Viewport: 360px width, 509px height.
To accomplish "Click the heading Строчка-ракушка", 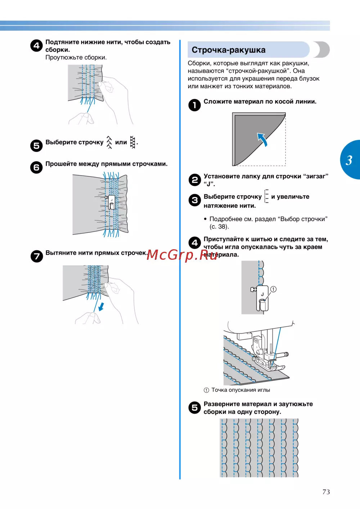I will [x=228, y=50].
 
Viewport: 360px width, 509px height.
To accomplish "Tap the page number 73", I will [x=326, y=492].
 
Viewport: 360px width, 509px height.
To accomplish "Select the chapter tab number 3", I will [x=349, y=160].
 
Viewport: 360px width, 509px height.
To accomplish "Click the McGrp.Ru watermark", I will [x=182, y=255].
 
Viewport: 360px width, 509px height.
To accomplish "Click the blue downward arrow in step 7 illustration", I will [x=102, y=307].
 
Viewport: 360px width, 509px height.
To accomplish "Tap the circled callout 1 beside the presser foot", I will [x=273, y=289].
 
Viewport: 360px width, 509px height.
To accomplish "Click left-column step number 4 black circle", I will [x=36, y=46].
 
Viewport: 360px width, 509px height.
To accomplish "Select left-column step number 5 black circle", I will [x=36, y=146].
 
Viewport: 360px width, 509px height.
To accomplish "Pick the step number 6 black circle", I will [x=36, y=168].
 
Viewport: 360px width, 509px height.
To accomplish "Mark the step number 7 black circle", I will [x=36, y=256].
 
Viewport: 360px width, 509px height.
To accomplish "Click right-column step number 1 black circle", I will [x=194, y=105].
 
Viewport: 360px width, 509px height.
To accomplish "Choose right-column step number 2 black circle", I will [x=194, y=180].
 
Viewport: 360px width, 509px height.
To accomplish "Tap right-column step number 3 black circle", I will [x=194, y=200].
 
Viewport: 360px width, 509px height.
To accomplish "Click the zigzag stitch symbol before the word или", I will [x=109, y=142].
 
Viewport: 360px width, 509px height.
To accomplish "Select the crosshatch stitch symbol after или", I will [x=132, y=142].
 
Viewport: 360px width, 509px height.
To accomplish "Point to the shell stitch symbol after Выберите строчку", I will [x=266, y=196].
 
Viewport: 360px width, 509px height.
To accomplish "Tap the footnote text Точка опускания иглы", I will [x=240, y=390].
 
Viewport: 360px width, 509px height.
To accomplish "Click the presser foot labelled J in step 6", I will [x=112, y=202].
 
